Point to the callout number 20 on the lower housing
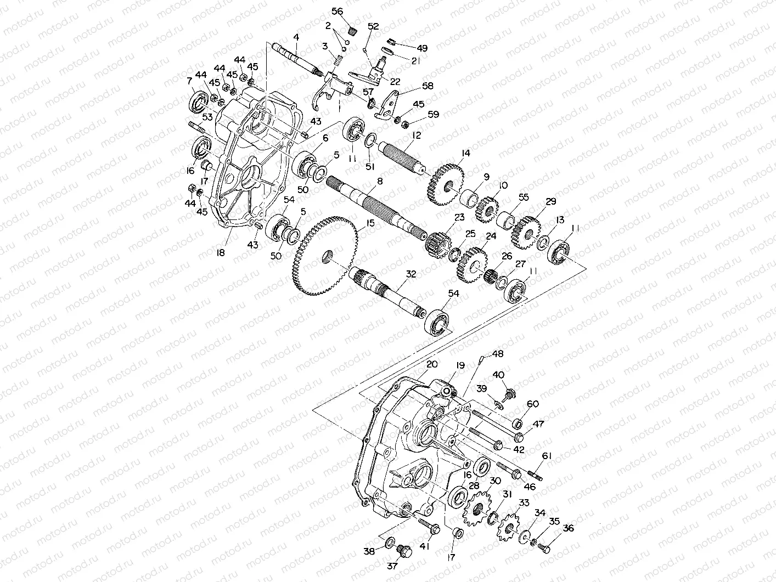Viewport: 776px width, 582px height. (431, 364)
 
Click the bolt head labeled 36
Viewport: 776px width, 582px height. (545, 547)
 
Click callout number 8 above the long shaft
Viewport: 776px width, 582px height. (380, 180)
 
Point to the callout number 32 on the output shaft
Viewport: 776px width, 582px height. (411, 273)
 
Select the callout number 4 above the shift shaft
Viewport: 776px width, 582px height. (296, 38)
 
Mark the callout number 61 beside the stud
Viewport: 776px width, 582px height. (546, 456)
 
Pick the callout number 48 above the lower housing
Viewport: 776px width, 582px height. (497, 354)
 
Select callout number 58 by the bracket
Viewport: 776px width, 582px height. (427, 86)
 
